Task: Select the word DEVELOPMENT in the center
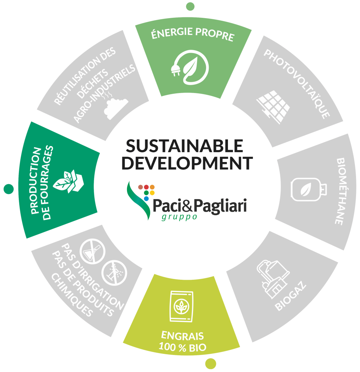(187, 163)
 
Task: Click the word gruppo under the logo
(179, 217)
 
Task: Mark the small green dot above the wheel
(190, 6)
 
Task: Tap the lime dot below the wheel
(210, 363)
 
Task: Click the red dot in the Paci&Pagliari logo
(147, 187)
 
